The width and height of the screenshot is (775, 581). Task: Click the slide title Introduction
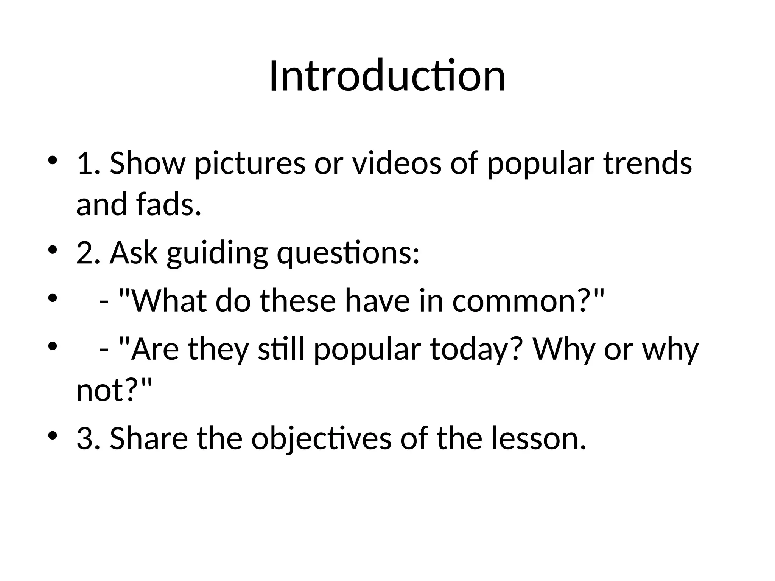(387, 76)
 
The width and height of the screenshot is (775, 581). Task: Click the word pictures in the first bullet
(250, 163)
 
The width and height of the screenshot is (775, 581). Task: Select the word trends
(647, 163)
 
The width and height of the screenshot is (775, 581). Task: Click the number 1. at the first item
(88, 163)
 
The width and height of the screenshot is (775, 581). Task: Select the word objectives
(321, 439)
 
